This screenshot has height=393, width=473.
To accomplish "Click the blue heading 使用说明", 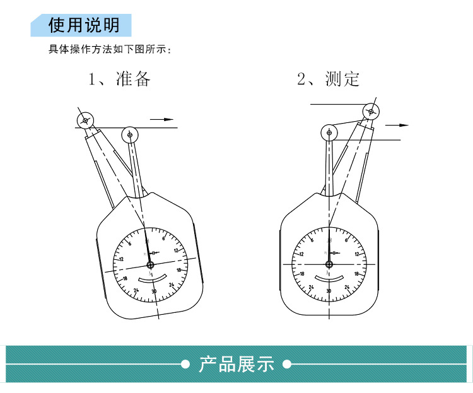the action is (83, 25).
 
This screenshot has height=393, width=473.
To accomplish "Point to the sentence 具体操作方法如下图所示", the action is (110, 49).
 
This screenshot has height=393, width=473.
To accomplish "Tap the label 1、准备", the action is (119, 79).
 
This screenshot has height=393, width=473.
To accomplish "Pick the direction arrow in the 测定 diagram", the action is (397, 125).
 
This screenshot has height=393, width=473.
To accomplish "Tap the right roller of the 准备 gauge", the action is (130, 134).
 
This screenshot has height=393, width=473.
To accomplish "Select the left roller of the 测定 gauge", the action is (329, 132).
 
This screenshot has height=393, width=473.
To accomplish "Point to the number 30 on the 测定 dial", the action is (328, 291).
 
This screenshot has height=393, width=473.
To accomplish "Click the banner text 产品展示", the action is (237, 364).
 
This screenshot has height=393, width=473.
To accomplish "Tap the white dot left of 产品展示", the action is (185, 364).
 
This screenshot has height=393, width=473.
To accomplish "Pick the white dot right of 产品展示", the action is (287, 364).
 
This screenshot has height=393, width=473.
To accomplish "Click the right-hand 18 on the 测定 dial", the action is (357, 274).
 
